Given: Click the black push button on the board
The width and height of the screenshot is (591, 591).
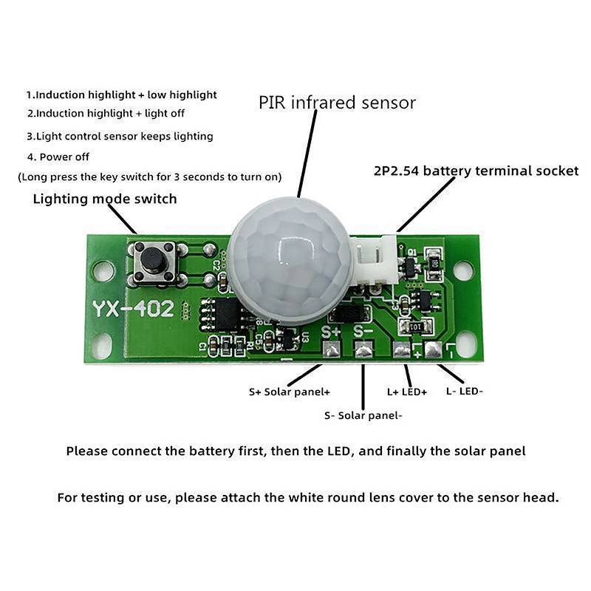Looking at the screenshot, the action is [x=152, y=259].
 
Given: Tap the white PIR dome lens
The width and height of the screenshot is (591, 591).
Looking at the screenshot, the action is [x=290, y=262].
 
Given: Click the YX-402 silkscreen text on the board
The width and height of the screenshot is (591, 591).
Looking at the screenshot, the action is [x=134, y=309].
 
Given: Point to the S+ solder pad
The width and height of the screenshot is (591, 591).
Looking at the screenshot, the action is [x=332, y=349].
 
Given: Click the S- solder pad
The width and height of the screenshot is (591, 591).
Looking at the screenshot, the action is [x=363, y=349].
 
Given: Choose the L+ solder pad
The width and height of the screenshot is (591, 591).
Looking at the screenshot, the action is [x=402, y=349].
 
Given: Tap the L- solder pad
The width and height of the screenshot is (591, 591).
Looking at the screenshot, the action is [x=434, y=349].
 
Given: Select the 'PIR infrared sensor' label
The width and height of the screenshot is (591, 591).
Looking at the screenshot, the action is [x=337, y=103].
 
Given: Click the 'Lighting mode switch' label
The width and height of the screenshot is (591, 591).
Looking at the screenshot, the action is [x=105, y=199].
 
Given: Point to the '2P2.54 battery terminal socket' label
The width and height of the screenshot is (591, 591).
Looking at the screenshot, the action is [x=476, y=171].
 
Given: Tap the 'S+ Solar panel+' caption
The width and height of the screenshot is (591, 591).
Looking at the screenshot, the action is [x=290, y=392].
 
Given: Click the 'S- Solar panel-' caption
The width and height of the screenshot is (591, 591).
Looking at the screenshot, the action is [x=363, y=415].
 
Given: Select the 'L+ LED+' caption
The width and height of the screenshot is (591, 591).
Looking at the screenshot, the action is [x=407, y=392].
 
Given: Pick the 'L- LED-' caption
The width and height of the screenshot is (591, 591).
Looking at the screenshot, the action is [x=465, y=392].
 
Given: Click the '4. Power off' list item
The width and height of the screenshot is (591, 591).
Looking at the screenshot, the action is [x=58, y=157].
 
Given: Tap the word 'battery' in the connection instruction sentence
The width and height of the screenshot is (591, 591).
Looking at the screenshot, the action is [x=212, y=451].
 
